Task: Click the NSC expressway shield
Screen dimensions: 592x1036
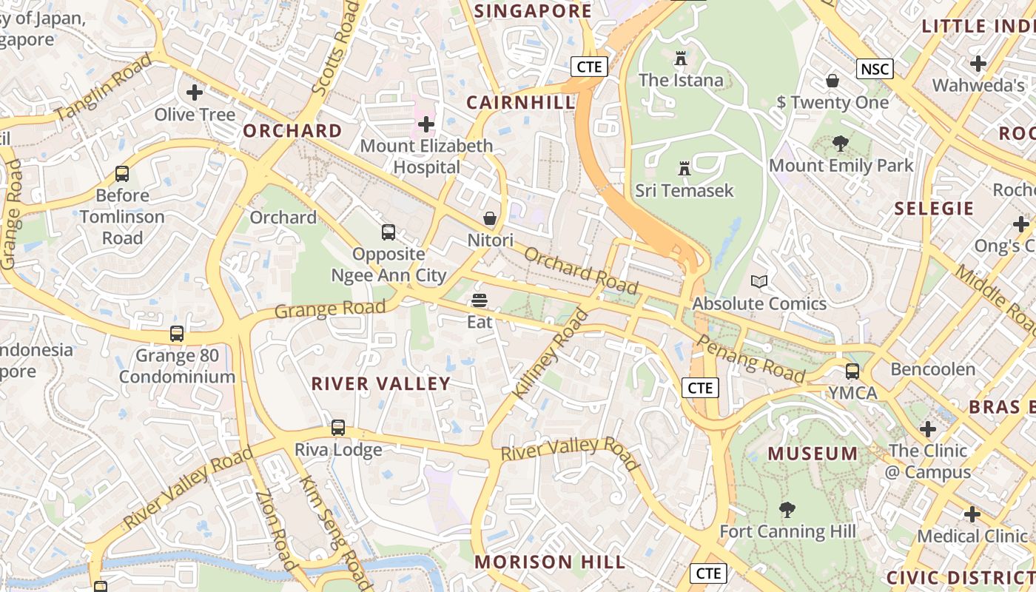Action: coord(875,69)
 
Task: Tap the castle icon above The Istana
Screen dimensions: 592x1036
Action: coord(681,58)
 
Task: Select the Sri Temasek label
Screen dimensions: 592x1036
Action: coord(684,190)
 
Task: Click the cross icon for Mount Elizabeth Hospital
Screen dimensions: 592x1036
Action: coord(426,124)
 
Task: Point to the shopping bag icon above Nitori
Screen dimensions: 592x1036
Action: coord(490,218)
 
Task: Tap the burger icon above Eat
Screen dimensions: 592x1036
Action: coord(480,300)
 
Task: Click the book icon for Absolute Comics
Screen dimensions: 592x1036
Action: coord(759,281)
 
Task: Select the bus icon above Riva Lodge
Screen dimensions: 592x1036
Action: coord(338,427)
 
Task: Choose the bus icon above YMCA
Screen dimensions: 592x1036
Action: coord(852,371)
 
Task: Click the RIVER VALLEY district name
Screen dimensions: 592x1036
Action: coord(380,383)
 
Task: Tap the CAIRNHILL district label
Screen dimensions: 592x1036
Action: coord(520,102)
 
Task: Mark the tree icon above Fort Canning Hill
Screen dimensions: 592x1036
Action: coord(787,509)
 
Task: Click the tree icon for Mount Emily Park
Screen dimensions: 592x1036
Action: coord(840,144)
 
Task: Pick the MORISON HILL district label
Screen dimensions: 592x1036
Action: coord(550,562)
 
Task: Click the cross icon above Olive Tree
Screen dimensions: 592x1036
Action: coord(195,92)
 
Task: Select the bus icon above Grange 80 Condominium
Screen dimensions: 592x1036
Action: coord(177,333)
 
